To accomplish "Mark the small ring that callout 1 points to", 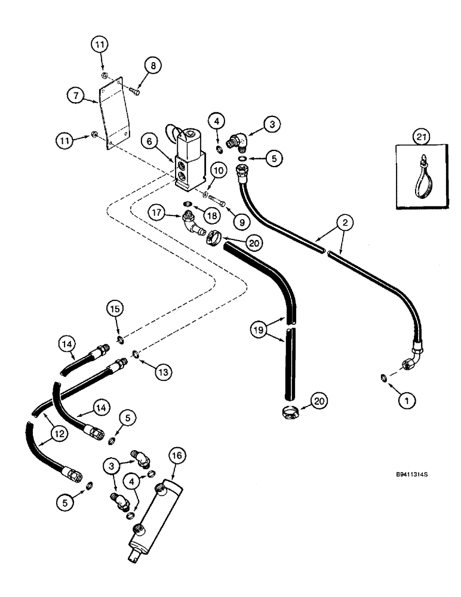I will pyautogui.click(x=382, y=377).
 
